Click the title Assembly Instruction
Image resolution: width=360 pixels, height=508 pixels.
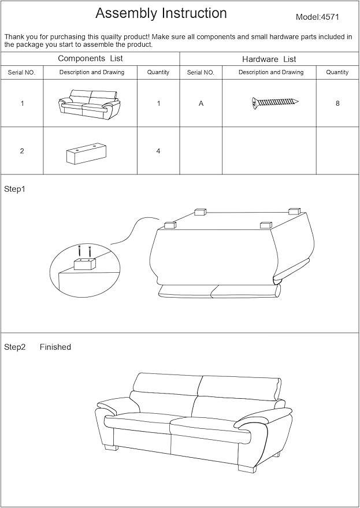click(x=161, y=13)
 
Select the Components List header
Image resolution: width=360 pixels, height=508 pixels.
click(x=90, y=58)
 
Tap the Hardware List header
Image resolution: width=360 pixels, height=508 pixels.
click(x=269, y=59)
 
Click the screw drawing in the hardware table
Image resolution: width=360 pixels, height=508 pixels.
click(x=275, y=102)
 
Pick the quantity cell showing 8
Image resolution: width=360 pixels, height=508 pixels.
click(x=337, y=103)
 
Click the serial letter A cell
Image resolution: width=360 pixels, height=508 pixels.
click(x=201, y=103)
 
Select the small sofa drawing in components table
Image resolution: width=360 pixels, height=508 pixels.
click(x=90, y=103)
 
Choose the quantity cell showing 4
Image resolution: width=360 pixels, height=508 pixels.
click(x=158, y=151)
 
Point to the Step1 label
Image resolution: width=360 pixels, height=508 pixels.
click(x=15, y=189)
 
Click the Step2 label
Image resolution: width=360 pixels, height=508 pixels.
click(x=15, y=347)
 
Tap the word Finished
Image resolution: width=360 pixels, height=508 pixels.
click(x=55, y=347)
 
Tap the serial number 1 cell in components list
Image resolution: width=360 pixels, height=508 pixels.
click(x=22, y=103)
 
